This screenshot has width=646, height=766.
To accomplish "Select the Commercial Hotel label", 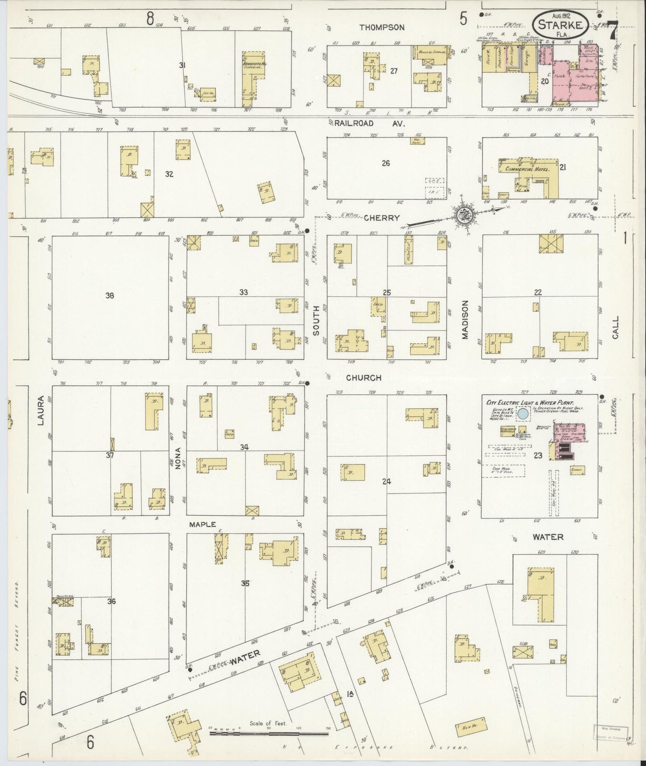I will point(526,169).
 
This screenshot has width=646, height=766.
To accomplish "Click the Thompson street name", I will point(382,27).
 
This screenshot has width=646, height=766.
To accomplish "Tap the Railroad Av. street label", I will point(369,123).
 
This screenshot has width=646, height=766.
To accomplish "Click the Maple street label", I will point(202,524).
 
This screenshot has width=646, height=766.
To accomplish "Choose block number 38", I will point(110,295).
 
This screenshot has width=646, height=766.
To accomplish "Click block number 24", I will point(387,481).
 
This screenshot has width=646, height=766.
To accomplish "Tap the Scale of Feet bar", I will point(269,733).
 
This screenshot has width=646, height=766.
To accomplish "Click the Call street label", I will point(616,328).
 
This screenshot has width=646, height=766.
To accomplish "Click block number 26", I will point(386,163).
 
